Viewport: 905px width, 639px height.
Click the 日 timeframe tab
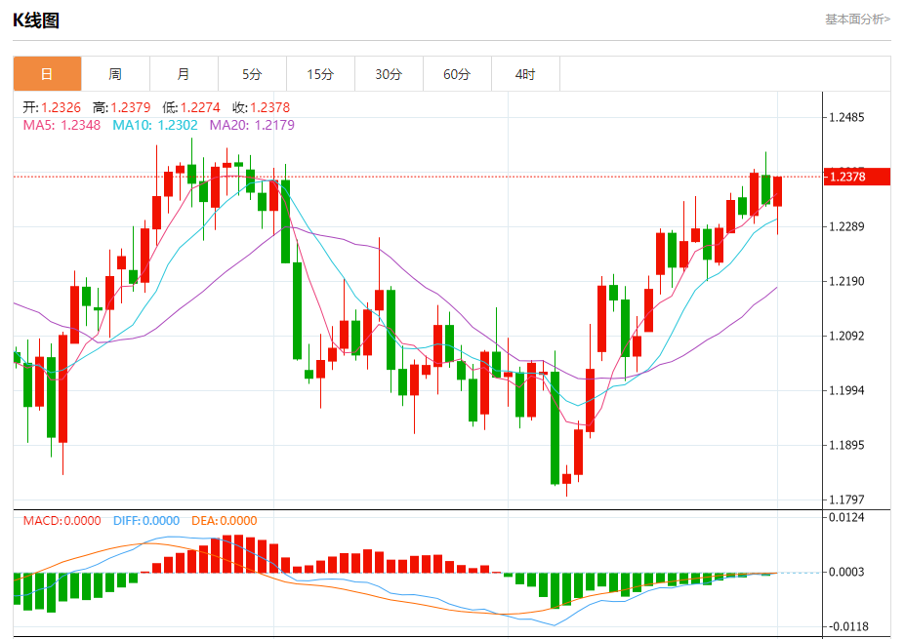pos(47,74)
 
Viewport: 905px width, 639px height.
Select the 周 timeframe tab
pos(115,74)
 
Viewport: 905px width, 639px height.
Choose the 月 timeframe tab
pos(184,74)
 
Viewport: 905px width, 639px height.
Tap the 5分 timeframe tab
pos(252,74)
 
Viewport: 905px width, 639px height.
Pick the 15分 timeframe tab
pos(320,74)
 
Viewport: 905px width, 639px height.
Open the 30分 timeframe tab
pos(389,74)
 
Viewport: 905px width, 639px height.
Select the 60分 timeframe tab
pos(457,74)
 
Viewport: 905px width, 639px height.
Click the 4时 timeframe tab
pos(525,74)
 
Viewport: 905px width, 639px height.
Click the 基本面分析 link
pos(857,20)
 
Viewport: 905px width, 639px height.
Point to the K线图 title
pos(36,20)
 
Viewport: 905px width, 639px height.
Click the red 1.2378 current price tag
pos(858,177)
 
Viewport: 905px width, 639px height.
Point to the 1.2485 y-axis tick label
pos(846,118)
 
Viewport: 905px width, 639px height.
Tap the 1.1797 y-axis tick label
pos(846,500)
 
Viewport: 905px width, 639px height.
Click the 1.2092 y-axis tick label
pos(846,337)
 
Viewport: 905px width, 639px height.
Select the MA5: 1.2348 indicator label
pos(61,125)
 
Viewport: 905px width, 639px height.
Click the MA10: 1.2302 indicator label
pos(155,125)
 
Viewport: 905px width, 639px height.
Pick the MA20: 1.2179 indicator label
pos(252,125)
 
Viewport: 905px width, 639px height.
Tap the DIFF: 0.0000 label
pos(146,521)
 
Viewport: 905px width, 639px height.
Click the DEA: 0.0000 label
pos(224,521)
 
